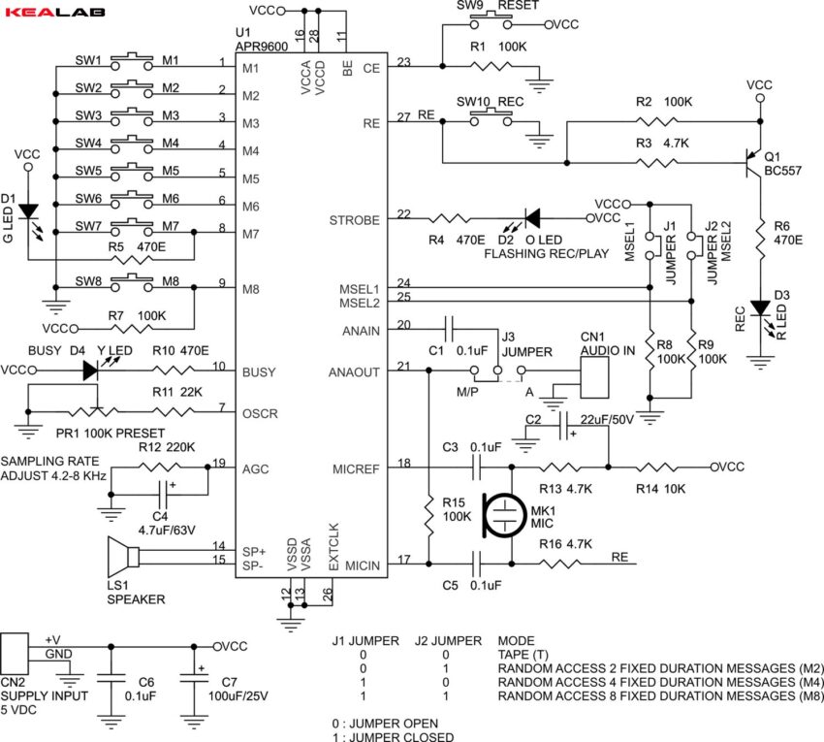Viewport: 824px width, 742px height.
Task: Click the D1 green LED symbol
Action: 28,210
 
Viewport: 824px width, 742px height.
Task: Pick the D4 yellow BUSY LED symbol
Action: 91,370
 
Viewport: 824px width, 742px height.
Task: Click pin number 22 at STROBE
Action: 403,214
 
